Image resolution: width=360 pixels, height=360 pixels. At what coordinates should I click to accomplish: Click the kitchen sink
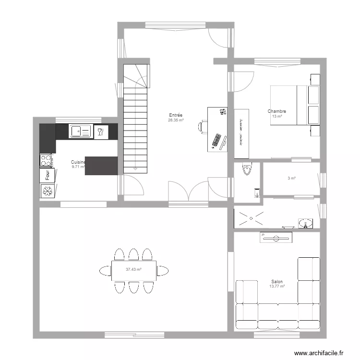80,131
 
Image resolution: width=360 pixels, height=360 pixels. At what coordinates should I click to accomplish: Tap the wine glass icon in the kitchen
100,132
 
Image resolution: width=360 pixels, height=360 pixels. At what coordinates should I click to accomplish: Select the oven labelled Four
47,175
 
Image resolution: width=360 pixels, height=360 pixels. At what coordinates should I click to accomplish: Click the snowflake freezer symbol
47,192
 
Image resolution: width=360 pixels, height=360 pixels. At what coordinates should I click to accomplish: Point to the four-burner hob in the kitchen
46,160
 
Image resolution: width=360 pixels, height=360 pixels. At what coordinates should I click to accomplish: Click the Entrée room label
175,115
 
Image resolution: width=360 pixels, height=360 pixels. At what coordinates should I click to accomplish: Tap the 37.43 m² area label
133,270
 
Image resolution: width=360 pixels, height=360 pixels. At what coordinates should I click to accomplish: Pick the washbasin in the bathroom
304,223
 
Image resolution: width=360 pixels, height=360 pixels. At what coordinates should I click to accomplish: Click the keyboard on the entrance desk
217,141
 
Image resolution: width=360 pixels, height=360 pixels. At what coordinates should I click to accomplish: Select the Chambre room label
277,111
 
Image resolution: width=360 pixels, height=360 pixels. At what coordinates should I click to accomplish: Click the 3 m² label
291,178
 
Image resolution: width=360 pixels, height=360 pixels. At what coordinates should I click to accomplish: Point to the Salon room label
277,282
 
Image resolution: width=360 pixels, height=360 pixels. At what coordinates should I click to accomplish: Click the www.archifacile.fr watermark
319,353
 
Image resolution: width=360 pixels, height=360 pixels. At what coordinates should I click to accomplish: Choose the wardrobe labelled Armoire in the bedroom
241,132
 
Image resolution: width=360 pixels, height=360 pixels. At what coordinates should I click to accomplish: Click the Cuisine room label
78,162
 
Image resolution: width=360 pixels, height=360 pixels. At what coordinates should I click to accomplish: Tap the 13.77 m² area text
277,287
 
